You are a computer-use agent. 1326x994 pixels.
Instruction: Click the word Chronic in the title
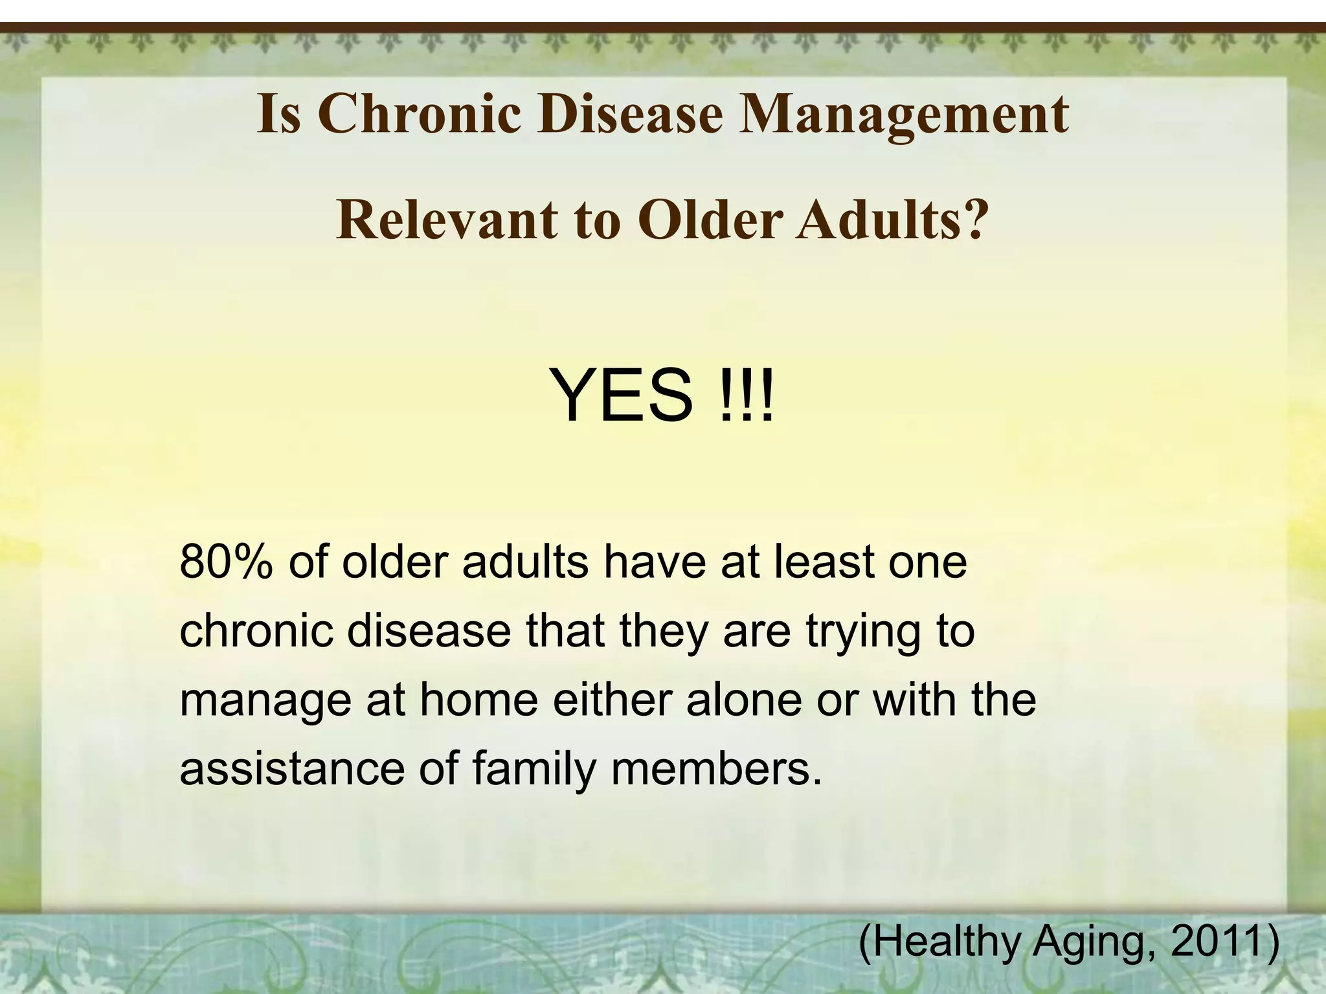[x=419, y=114]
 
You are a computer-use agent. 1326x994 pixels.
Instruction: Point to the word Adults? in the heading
[x=893, y=220]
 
